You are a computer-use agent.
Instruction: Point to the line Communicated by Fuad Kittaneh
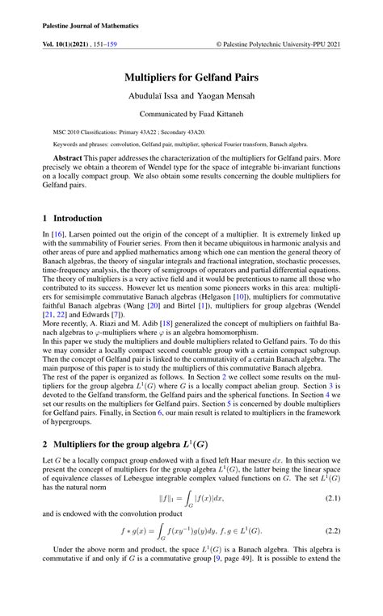click(x=191, y=115)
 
